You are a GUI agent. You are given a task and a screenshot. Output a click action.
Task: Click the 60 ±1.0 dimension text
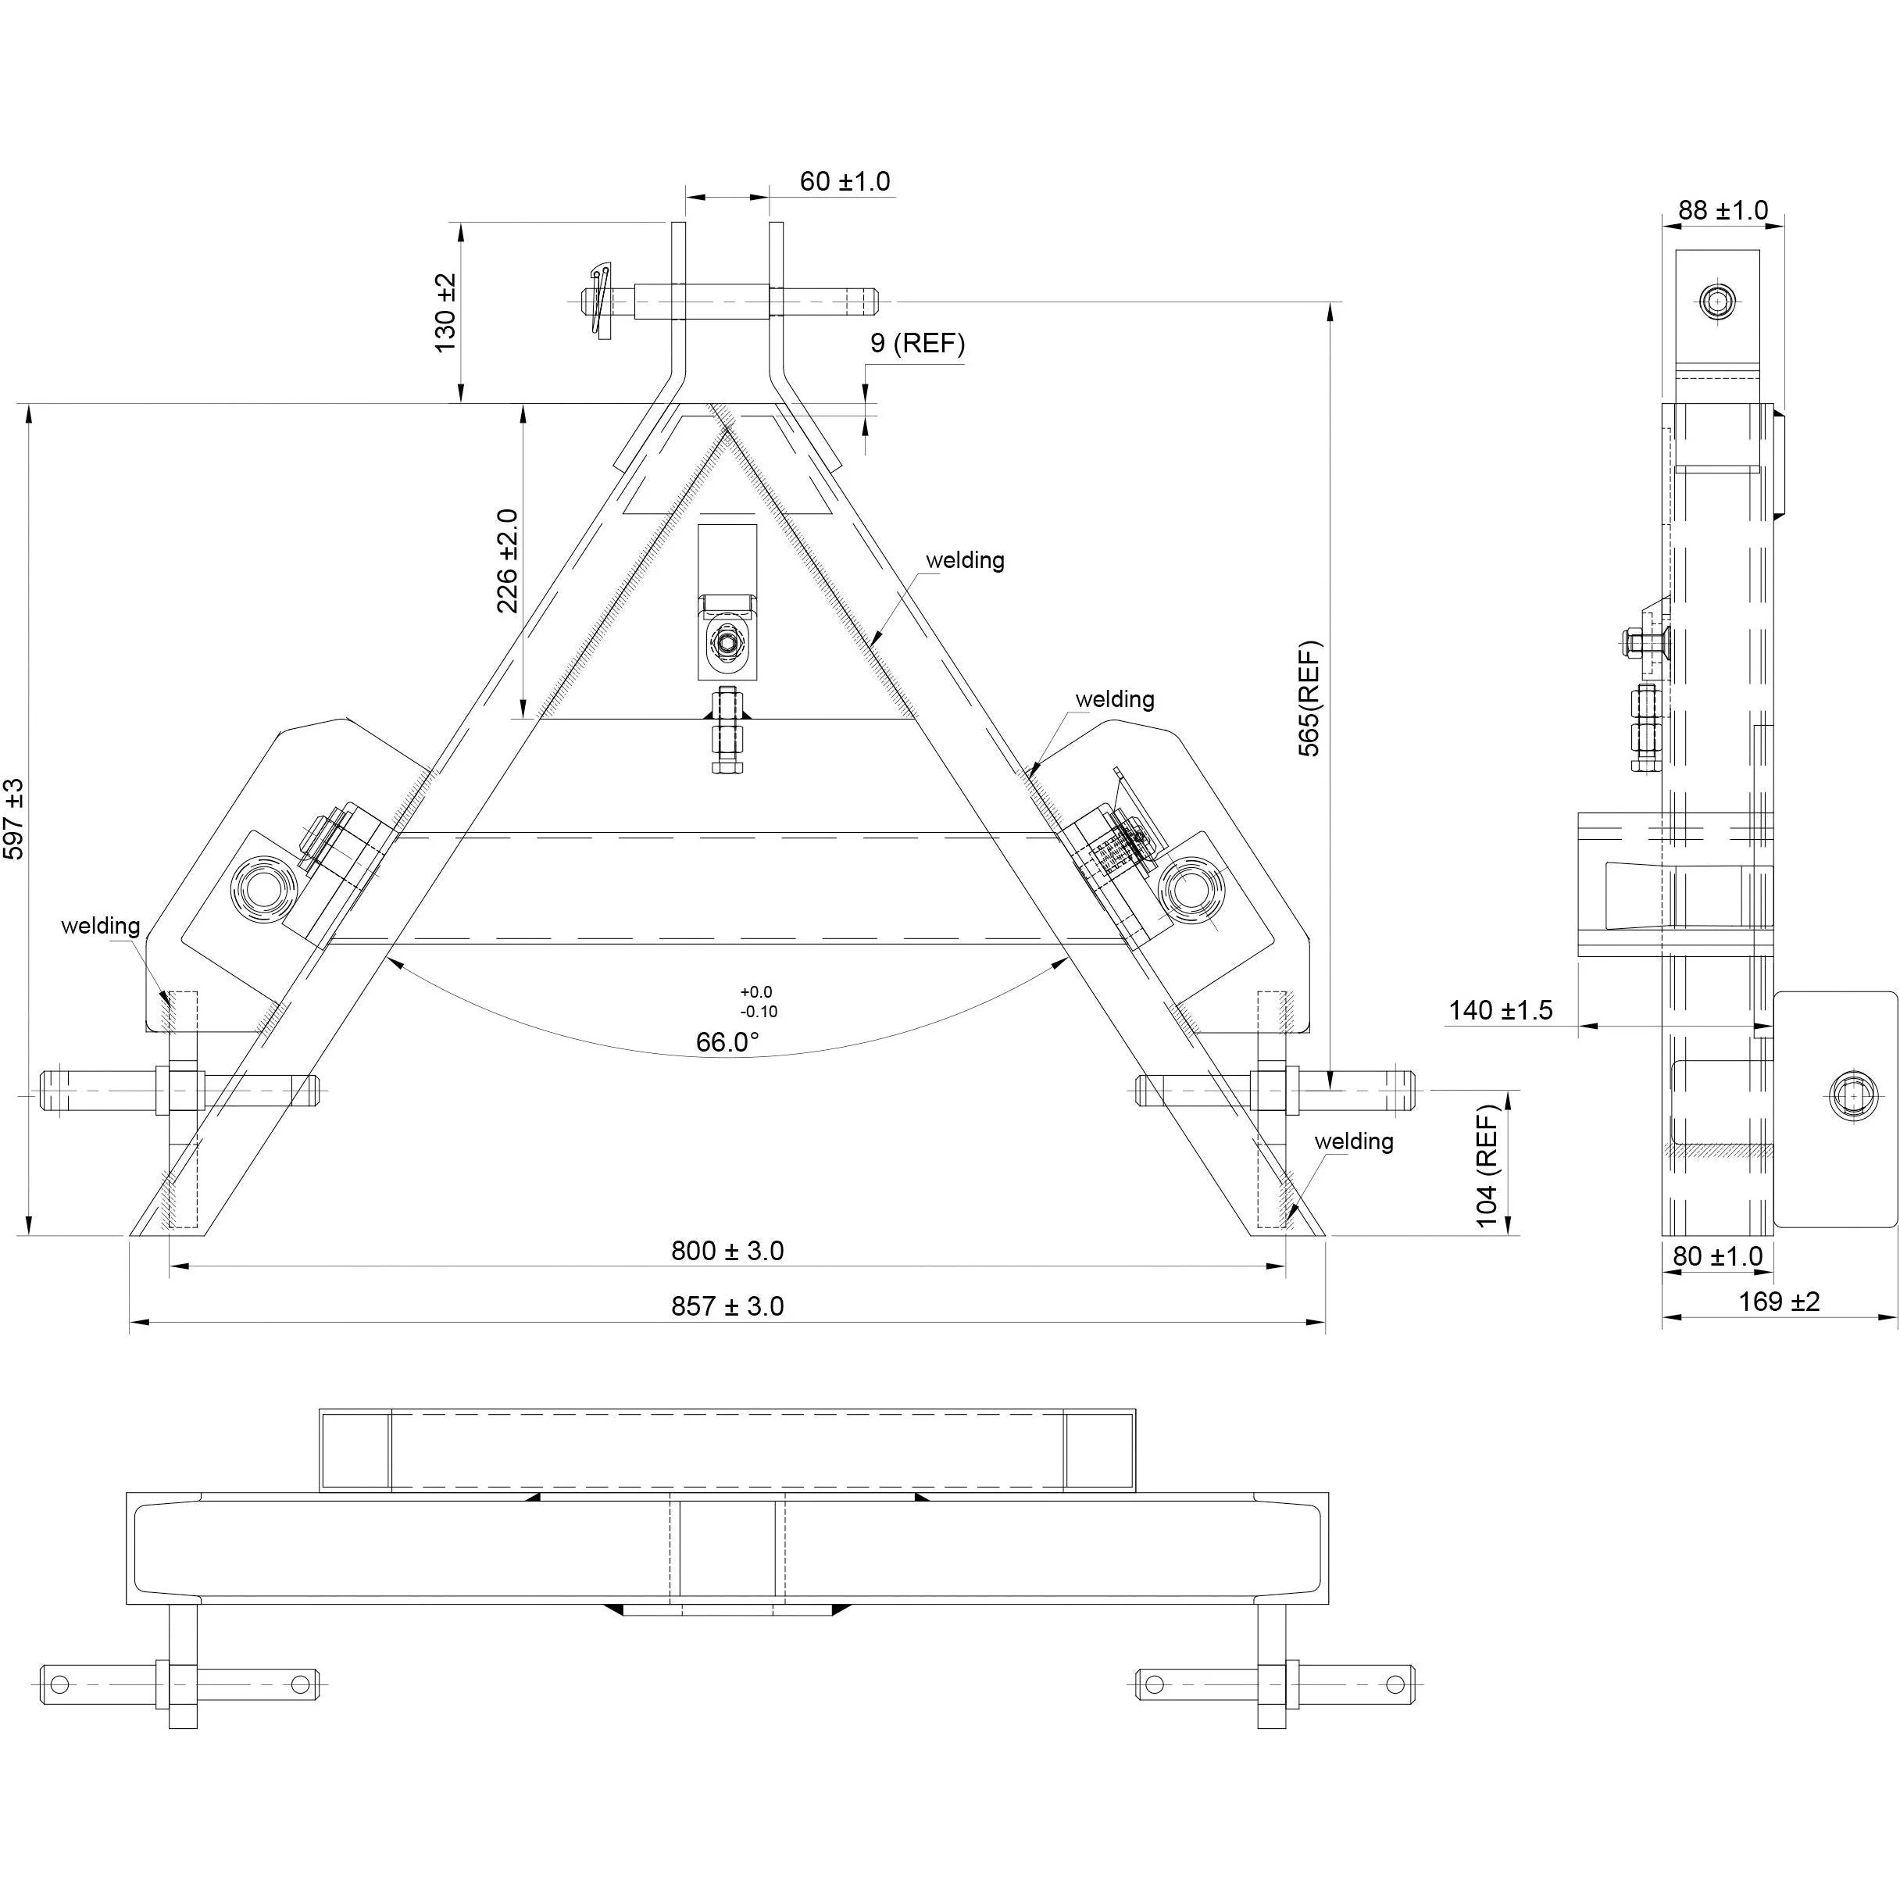[844, 182]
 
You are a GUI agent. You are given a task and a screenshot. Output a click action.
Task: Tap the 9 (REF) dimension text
[916, 343]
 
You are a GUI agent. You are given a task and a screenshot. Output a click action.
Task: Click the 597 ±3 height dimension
[14, 818]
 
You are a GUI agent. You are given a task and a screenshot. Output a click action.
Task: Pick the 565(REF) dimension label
[1310, 698]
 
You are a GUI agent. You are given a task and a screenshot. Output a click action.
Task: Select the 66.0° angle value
[728, 1042]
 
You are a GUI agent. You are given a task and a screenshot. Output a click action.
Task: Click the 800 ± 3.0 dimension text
[728, 1251]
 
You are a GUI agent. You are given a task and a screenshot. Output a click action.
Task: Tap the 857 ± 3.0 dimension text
[728, 1306]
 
